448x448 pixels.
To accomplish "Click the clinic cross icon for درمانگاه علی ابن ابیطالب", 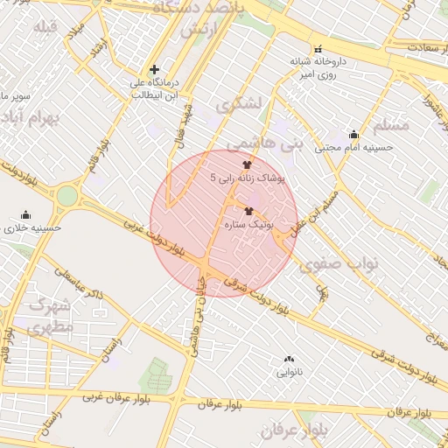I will pyautogui.click(x=155, y=69).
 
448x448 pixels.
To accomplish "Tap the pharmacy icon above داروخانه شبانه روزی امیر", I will pyautogui.click(x=317, y=49).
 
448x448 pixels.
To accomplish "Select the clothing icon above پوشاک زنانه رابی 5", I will pyautogui.click(x=247, y=164).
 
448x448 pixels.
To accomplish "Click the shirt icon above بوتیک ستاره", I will pyautogui.click(x=249, y=211).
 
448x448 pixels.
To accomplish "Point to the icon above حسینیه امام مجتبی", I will pyautogui.click(x=353, y=135).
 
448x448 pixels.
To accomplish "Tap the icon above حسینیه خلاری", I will pyautogui.click(x=25, y=215).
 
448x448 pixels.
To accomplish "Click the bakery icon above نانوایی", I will pyautogui.click(x=290, y=359).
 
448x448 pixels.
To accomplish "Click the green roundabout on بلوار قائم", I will pyautogui.click(x=66, y=196).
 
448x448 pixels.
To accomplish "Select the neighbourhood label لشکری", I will pyautogui.click(x=242, y=102).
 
